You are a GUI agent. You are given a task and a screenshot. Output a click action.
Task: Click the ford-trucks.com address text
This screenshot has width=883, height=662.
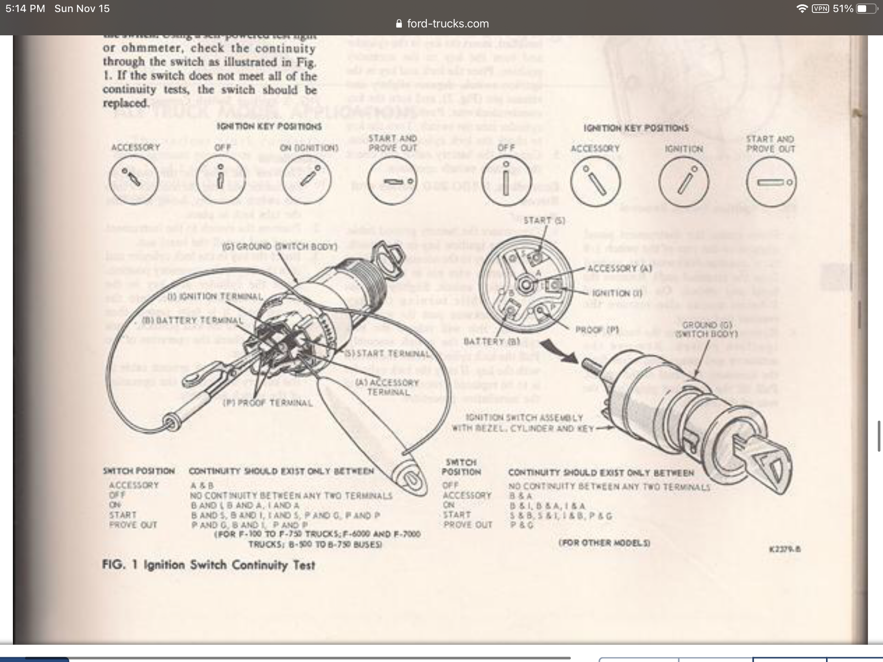click(x=447, y=24)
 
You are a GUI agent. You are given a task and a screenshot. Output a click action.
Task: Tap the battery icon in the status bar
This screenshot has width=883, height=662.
click(x=865, y=9)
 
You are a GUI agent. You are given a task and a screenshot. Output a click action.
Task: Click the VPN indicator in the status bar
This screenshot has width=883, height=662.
click(x=820, y=9)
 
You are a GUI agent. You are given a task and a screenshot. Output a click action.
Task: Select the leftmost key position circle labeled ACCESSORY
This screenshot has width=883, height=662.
click(x=133, y=180)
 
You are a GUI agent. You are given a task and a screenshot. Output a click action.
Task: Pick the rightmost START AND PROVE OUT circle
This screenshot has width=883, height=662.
click(x=771, y=182)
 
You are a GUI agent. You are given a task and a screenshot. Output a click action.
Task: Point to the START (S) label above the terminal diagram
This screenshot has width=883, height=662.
click(x=544, y=220)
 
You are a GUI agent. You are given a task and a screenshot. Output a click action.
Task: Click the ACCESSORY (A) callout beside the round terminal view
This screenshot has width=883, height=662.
click(x=619, y=268)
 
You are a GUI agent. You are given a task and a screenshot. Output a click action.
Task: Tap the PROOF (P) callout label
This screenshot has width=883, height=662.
click(x=597, y=330)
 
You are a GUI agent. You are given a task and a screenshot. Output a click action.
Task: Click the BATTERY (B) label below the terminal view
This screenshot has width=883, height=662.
click(x=491, y=342)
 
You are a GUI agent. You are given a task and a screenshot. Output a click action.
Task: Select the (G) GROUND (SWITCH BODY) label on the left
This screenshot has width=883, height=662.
click(x=279, y=247)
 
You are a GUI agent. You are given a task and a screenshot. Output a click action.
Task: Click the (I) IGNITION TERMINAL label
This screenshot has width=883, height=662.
click(x=215, y=297)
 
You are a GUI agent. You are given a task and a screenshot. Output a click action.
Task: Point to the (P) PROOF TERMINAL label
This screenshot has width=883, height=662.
click(x=268, y=403)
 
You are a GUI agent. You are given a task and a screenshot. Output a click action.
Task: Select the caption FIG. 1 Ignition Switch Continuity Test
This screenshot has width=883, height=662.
click(x=208, y=565)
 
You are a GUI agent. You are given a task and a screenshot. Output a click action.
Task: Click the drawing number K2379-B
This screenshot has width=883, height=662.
click(x=785, y=549)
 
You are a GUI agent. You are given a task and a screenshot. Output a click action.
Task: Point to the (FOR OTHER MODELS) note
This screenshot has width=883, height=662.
click(x=604, y=543)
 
